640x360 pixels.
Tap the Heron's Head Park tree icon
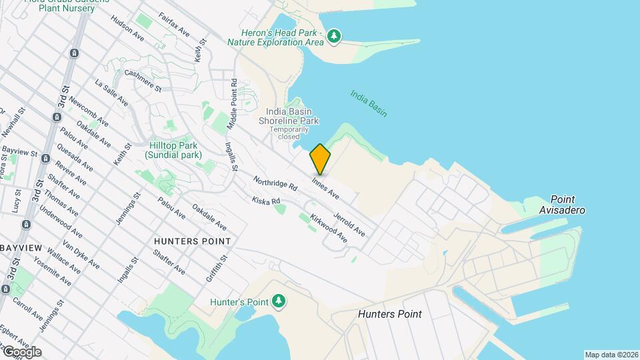(x=334, y=37)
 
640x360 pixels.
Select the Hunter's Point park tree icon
(x=279, y=302)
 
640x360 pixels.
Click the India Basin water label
(x=369, y=103)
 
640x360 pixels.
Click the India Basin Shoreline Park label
(x=292, y=116)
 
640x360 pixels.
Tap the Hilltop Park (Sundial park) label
(x=171, y=150)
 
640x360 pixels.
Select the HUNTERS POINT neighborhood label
(x=192, y=241)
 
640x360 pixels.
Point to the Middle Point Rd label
(x=232, y=105)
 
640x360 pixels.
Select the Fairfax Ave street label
(x=175, y=25)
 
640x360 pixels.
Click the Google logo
(x=22, y=352)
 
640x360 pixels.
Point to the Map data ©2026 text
(x=611, y=355)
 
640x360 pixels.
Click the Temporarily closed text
(x=289, y=133)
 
